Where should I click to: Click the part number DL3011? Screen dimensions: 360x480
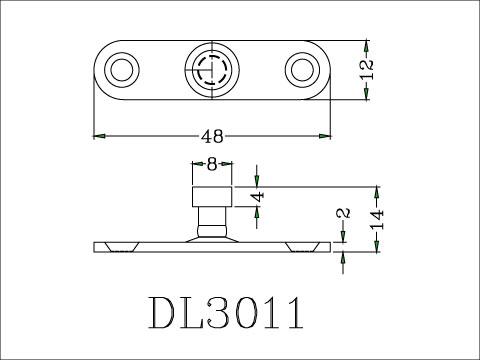(x=226, y=312)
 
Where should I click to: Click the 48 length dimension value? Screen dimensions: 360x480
(x=212, y=135)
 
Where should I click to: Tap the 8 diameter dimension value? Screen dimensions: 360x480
(x=212, y=165)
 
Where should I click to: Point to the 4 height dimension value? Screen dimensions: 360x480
(x=258, y=195)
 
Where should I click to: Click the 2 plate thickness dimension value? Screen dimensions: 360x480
(x=343, y=215)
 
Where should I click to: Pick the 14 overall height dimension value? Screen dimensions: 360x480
(x=376, y=219)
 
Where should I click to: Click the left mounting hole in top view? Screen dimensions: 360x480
(x=123, y=70)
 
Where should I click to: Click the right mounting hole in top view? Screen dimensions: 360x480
(x=301, y=70)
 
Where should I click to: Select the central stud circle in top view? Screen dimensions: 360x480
(x=212, y=70)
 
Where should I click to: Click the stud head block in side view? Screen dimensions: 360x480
(x=212, y=193)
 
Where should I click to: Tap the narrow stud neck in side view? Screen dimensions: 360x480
(x=212, y=216)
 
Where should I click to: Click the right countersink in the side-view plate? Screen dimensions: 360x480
(x=301, y=246)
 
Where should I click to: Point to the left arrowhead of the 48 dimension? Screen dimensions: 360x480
(x=98, y=135)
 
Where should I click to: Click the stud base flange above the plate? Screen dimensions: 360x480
(x=212, y=235)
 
